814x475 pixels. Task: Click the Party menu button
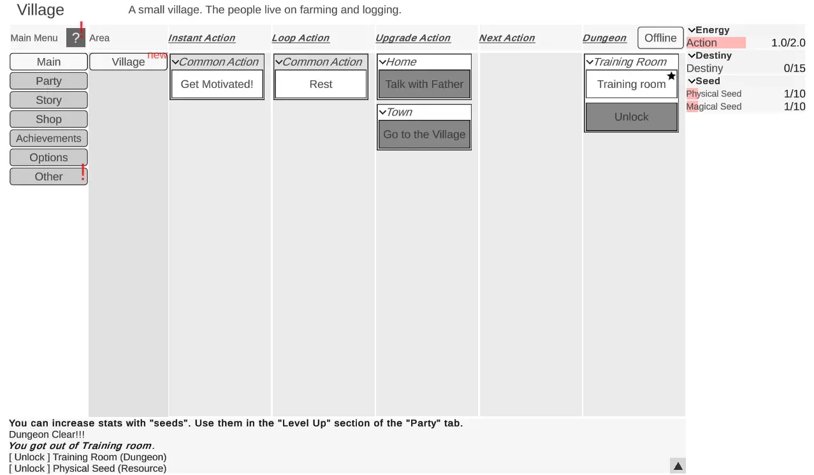pyautogui.click(x=48, y=81)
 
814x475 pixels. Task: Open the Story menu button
pyautogui.click(x=48, y=100)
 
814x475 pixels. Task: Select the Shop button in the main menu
pyautogui.click(x=48, y=119)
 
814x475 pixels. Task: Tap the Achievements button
pyautogui.click(x=48, y=138)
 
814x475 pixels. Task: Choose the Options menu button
pyautogui.click(x=48, y=157)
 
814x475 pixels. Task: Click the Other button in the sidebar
pyautogui.click(x=48, y=177)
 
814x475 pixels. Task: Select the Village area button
pyautogui.click(x=128, y=62)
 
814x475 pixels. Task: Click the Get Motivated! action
pyautogui.click(x=217, y=84)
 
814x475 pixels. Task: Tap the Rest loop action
pyautogui.click(x=321, y=84)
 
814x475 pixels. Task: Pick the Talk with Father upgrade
pyautogui.click(x=424, y=84)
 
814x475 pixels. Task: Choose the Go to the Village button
pyautogui.click(x=424, y=135)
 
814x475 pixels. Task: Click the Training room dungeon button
pyautogui.click(x=632, y=84)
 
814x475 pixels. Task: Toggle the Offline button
pyautogui.click(x=660, y=38)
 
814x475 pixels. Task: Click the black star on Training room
pyautogui.click(x=671, y=76)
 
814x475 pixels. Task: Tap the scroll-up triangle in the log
pyautogui.click(x=678, y=466)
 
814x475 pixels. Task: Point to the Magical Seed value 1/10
pyautogui.click(x=794, y=106)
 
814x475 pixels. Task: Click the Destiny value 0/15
pyautogui.click(x=794, y=68)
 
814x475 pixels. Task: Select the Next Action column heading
pyautogui.click(x=507, y=38)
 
